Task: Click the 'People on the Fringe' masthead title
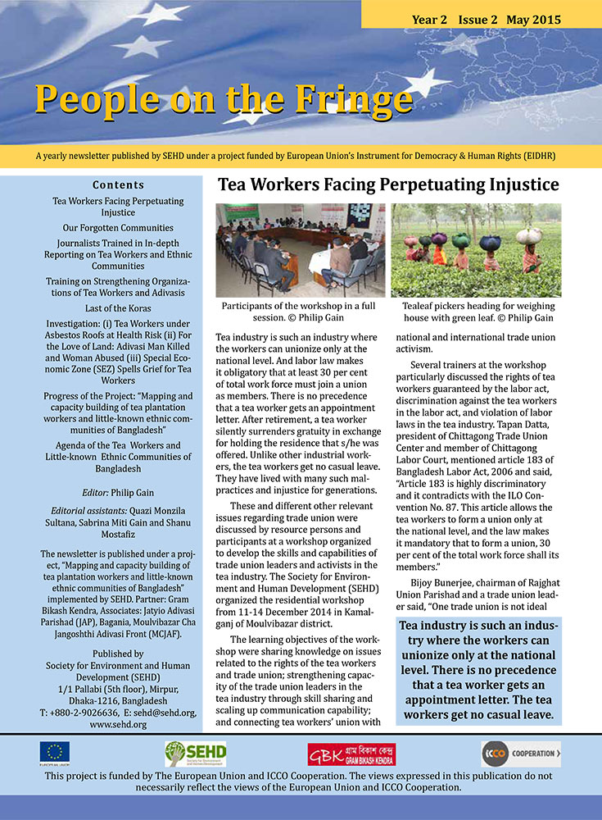pos(223,100)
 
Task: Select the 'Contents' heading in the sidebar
pos(118,184)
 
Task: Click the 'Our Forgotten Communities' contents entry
pos(118,227)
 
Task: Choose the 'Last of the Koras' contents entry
pos(118,308)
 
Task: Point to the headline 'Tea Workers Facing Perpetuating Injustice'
pos(388,184)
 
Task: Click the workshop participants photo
pos(300,250)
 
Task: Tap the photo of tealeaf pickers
pos(476,250)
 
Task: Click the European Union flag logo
pos(55,752)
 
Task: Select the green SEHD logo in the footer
pos(195,753)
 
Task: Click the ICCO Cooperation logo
pos(520,753)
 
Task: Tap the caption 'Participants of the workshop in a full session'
pos(300,312)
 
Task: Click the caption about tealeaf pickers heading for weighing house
pos(476,312)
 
